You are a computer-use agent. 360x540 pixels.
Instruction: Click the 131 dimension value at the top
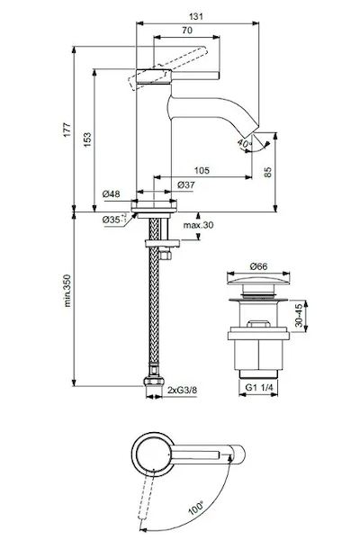pos(196,16)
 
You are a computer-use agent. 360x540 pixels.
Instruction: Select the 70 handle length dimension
pos(187,31)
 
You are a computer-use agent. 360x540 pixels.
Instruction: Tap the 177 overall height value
pos(67,129)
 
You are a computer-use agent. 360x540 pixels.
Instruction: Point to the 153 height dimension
pos(87,139)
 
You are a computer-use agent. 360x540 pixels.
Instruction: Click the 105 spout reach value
pos(202,170)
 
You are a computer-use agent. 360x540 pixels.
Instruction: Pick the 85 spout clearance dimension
pos(267,172)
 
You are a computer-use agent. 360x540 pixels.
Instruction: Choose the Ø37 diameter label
pos(186,184)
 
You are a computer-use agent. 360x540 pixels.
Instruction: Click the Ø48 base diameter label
pos(112,193)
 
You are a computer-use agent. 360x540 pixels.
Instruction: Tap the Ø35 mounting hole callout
pos(114,219)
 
